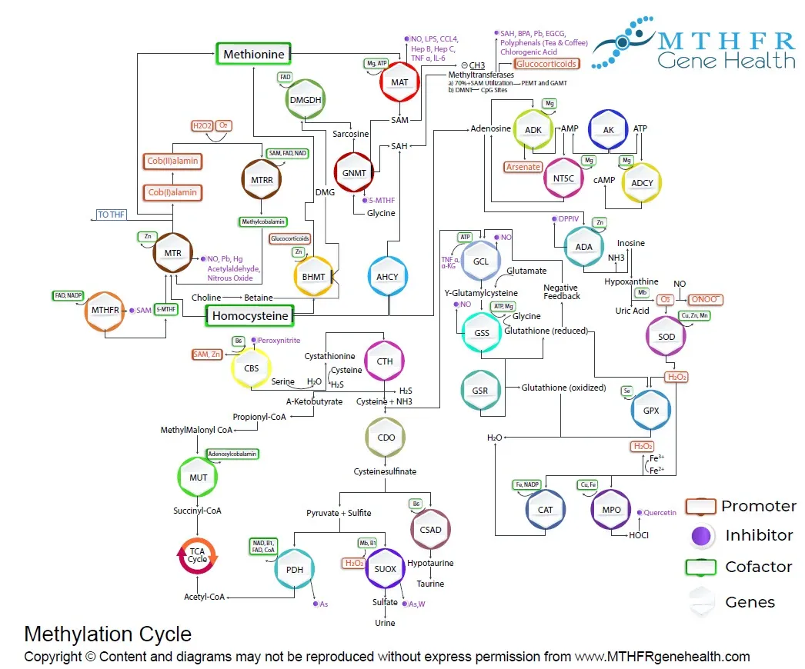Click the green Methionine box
point(253,54)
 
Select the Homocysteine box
point(250,315)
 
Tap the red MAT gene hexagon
point(399,81)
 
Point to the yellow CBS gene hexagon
point(251,368)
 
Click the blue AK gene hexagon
point(608,130)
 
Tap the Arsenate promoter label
point(523,166)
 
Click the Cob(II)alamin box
point(172,161)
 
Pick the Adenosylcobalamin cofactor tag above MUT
point(232,454)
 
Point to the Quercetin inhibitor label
point(660,512)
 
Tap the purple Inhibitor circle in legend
point(700,536)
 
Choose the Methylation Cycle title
point(108,634)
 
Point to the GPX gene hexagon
point(651,410)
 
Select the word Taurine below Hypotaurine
point(430,584)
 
